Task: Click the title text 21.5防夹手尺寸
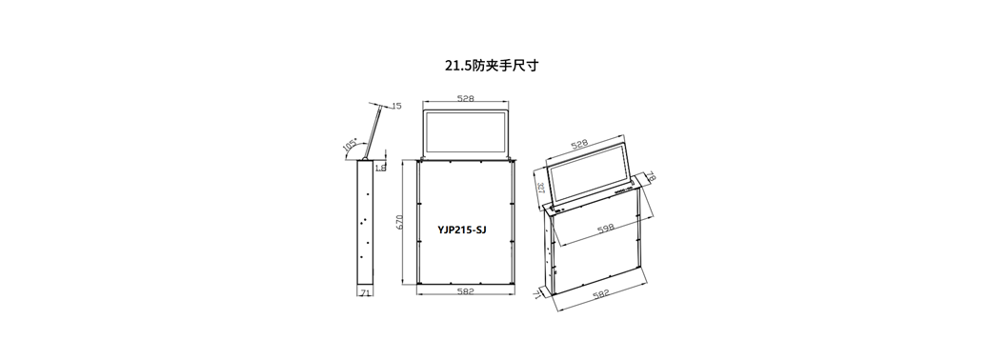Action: click(492, 66)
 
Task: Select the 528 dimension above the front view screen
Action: click(466, 98)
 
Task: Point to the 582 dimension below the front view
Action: click(466, 290)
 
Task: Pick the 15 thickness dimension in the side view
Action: click(396, 105)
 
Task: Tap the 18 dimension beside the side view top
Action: click(381, 168)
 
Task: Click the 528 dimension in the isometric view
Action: click(579, 143)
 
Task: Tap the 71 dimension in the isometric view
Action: click(538, 296)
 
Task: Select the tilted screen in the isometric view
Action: click(591, 175)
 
